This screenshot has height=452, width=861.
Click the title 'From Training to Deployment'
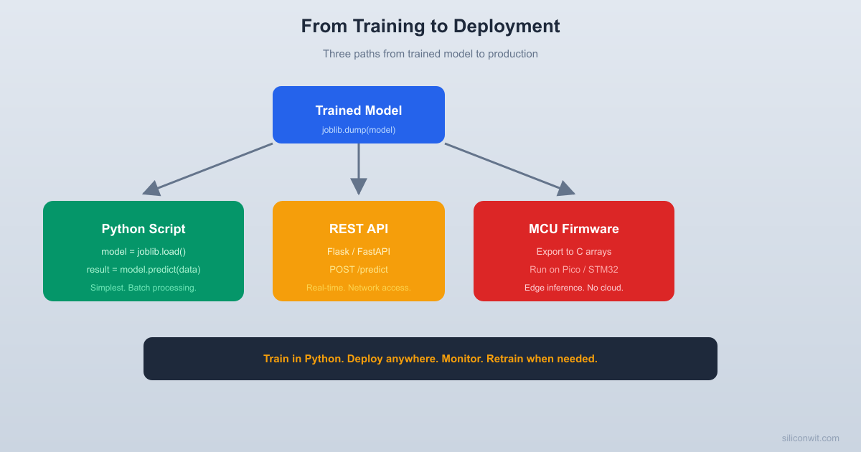pos(430,27)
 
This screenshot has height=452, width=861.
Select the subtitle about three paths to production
pos(430,54)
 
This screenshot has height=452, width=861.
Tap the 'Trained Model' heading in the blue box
pos(359,110)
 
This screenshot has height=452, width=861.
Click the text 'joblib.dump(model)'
pos(359,130)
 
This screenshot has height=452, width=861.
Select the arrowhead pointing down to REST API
pos(359,187)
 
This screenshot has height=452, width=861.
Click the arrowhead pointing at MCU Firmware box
pos(566,189)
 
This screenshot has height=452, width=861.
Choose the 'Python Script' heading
pos(143,229)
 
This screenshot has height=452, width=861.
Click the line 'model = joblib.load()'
pos(143,252)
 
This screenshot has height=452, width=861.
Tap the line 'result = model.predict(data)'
pos(143,270)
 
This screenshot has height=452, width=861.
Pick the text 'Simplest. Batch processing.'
pos(143,288)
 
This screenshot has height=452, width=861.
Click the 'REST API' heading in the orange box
pos(359,229)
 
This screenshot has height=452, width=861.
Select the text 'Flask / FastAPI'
pos(359,252)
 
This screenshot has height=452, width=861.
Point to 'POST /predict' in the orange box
pos(359,270)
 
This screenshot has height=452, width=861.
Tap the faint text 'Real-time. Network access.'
pos(359,288)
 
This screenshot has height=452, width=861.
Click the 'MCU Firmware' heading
pos(574,229)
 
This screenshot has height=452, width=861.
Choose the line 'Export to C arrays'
pos(574,252)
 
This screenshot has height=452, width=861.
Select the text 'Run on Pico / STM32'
pos(574,270)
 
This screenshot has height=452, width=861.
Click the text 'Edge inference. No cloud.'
pos(574,288)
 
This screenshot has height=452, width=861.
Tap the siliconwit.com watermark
pos(810,438)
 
